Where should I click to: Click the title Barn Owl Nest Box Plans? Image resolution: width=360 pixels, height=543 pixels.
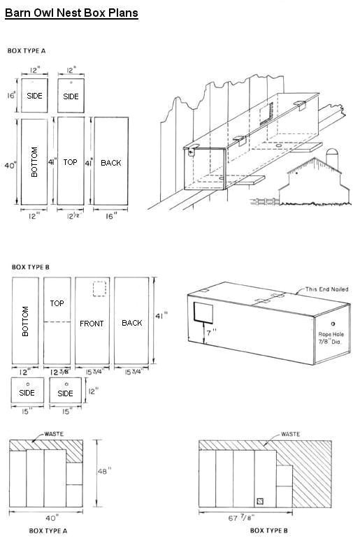click(x=71, y=13)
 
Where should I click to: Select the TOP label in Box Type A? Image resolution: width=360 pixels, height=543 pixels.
click(x=70, y=162)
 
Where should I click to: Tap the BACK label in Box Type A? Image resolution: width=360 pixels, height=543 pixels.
click(x=110, y=163)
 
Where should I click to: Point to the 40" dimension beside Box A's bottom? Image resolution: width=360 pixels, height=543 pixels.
click(x=10, y=166)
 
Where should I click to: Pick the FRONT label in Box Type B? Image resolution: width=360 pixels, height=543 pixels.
click(x=92, y=324)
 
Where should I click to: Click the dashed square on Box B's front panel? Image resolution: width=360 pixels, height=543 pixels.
click(x=99, y=289)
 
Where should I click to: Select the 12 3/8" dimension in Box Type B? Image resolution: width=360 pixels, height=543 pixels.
click(x=59, y=372)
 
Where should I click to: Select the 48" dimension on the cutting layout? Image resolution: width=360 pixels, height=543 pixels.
click(x=102, y=471)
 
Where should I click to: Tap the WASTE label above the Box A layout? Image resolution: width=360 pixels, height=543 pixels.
click(x=52, y=434)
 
